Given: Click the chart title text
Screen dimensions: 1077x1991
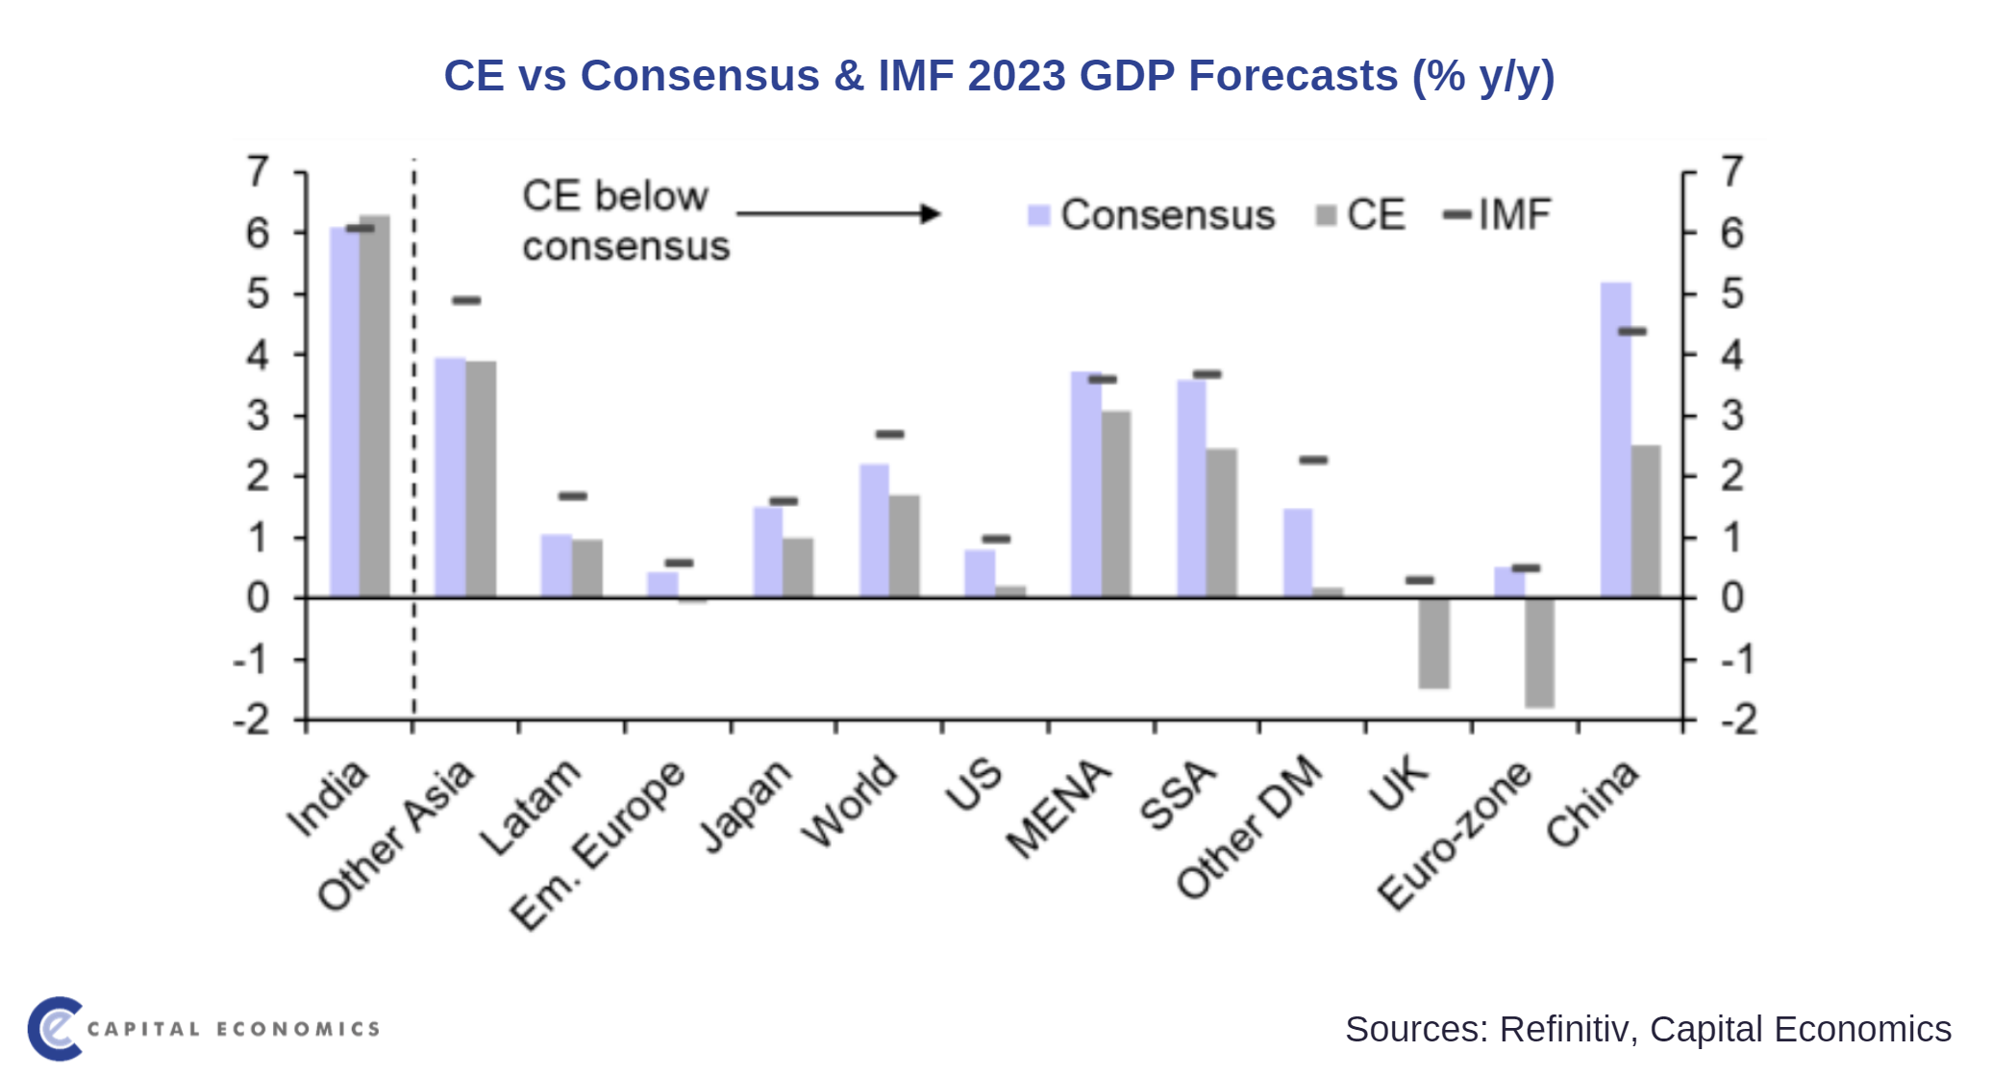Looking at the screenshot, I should click(998, 76).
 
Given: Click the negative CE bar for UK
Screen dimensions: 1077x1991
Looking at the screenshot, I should click(1433, 643).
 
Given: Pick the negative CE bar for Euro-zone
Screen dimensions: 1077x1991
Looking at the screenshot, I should click(1539, 653).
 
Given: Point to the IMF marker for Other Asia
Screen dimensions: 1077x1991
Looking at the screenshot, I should click(466, 301).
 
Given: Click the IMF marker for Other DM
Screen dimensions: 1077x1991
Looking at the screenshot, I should click(1313, 461).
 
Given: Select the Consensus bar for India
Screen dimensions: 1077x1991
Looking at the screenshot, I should click(344, 413).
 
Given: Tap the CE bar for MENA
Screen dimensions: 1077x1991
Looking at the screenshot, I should click(1116, 504).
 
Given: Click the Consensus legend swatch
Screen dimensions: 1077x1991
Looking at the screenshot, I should click(1038, 215).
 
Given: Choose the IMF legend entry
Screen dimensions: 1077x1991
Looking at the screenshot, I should click(1499, 215).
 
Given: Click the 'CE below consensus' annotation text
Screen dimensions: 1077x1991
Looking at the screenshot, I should click(625, 221).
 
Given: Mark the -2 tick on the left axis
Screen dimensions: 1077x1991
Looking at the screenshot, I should click(252, 720).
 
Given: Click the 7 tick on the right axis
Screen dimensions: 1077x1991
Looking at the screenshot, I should click(1732, 172).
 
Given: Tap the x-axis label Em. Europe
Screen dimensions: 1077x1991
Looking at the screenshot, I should click(597, 846).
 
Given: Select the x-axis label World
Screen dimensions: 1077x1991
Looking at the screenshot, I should click(850, 803).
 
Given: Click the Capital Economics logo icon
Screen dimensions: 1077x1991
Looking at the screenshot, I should click(55, 1029).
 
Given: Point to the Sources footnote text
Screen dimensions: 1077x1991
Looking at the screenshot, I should click(1647, 1029).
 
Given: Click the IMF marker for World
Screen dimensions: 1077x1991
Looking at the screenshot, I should click(890, 435).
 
